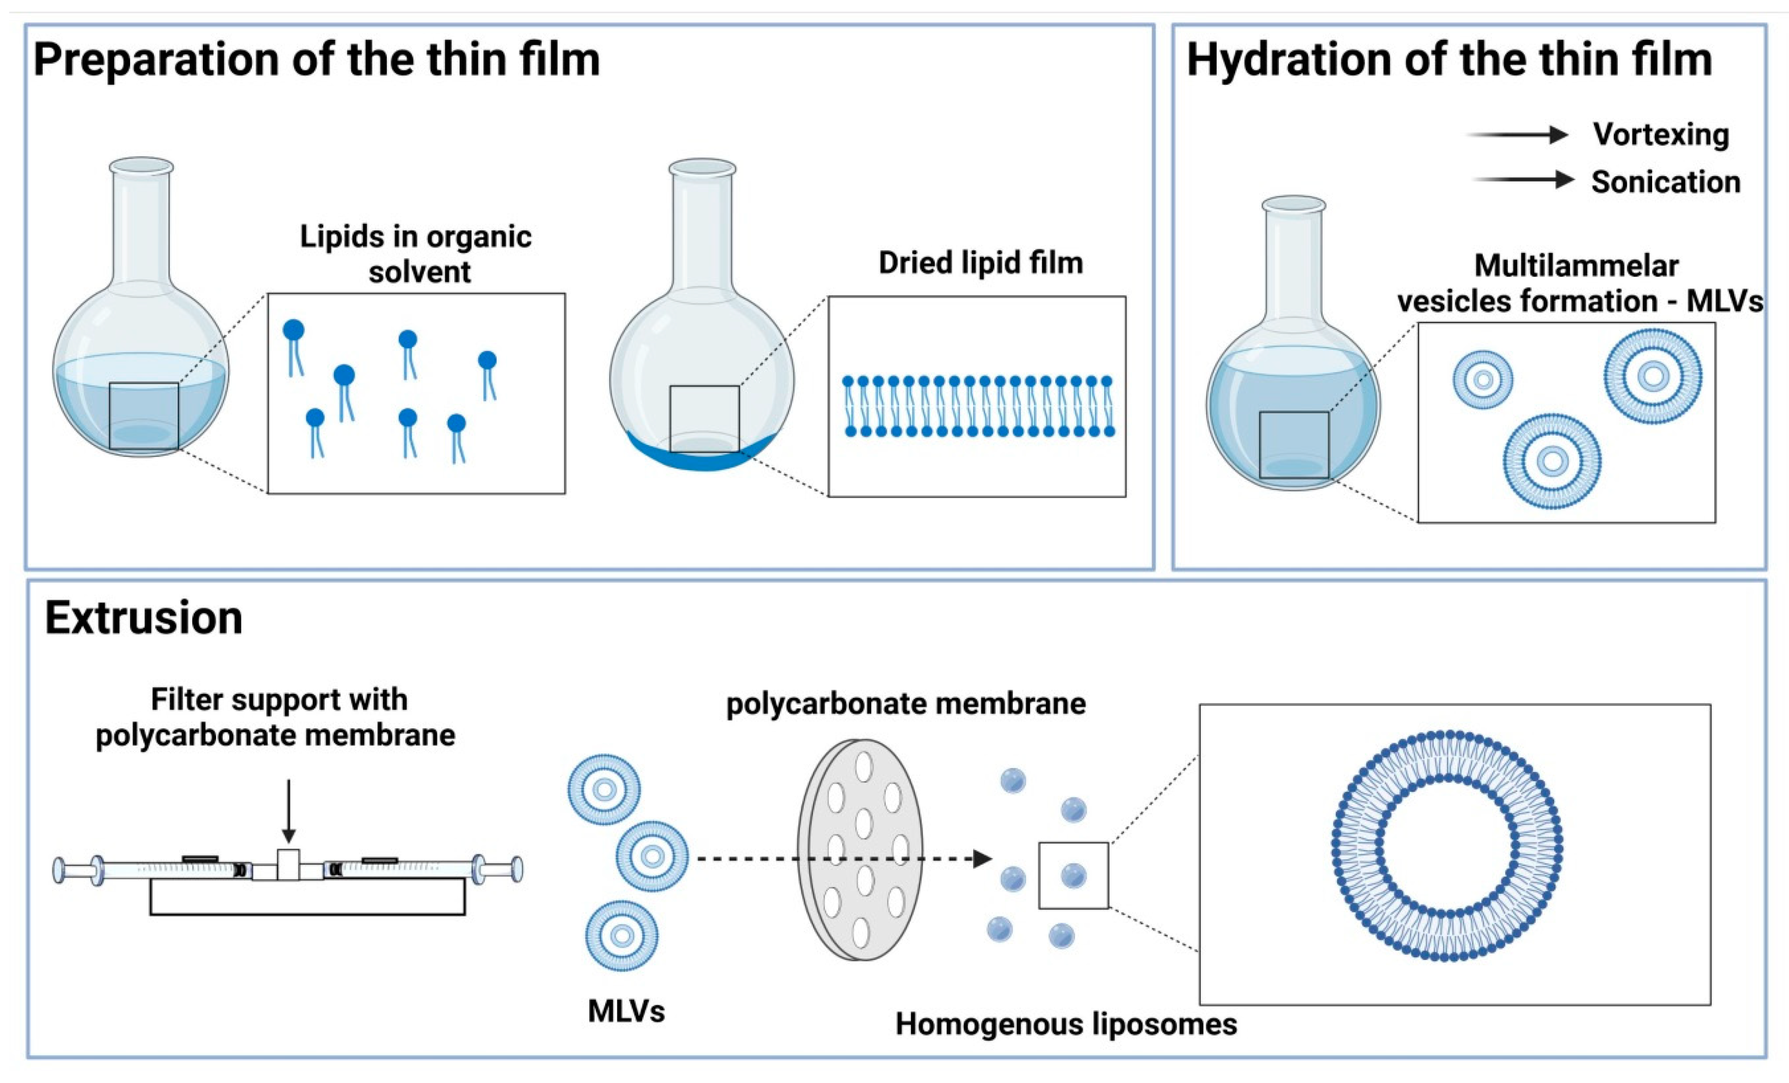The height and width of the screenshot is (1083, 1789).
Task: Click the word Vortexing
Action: click(x=1660, y=134)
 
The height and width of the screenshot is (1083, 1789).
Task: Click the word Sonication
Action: click(x=1666, y=181)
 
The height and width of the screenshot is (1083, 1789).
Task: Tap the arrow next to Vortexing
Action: click(x=1518, y=134)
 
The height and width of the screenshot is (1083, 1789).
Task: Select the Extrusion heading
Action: click(x=144, y=619)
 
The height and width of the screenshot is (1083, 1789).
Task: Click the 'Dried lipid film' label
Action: click(x=980, y=263)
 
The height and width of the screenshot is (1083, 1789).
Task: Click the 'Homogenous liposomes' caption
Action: click(x=1066, y=1024)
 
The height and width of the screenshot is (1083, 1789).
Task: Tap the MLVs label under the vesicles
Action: click(x=626, y=1011)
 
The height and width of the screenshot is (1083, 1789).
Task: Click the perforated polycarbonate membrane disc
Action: click(x=861, y=849)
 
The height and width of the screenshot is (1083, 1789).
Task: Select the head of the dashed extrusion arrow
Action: click(x=982, y=859)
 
